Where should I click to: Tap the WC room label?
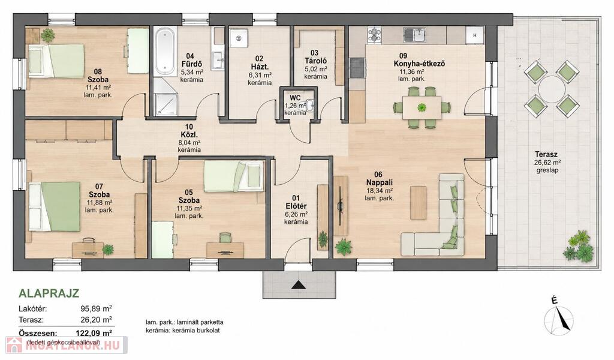295,98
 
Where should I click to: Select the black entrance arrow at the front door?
299,285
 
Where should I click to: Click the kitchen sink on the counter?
414,35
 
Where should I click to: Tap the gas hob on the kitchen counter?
374,34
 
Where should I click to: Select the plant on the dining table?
422,107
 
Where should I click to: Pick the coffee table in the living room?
418,203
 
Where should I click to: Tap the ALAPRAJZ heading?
49,293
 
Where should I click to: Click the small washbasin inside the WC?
311,105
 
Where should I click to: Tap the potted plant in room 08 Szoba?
48,35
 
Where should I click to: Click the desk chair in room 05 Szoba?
225,238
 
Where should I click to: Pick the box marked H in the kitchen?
475,35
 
